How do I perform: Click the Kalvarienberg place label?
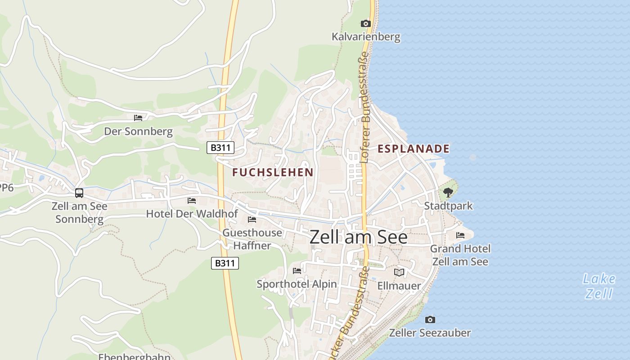pyautogui.click(x=366, y=36)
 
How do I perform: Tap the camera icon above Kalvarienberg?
pyautogui.click(x=365, y=23)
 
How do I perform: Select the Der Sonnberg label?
pyautogui.click(x=138, y=131)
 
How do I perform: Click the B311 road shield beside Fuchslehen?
pyautogui.click(x=220, y=147)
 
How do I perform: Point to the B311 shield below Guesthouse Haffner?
pyautogui.click(x=225, y=263)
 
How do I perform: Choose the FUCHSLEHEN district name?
pyautogui.click(x=273, y=172)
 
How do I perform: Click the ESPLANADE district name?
pyautogui.click(x=413, y=148)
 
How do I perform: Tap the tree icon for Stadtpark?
pyautogui.click(x=448, y=193)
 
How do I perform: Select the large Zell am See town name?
pyautogui.click(x=358, y=237)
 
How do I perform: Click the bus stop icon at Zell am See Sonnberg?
pyautogui.click(x=79, y=193)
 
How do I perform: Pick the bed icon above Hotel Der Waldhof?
pyautogui.click(x=192, y=200)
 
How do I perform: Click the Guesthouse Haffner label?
pyautogui.click(x=252, y=239)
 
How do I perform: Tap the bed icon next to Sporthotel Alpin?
pyautogui.click(x=297, y=270)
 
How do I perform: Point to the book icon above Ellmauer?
pyautogui.click(x=399, y=272)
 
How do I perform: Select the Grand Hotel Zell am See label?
pyautogui.click(x=460, y=255)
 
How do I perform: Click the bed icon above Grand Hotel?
pyautogui.click(x=460, y=235)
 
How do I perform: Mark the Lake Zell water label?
pyautogui.click(x=599, y=286)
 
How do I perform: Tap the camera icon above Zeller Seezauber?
pyautogui.click(x=430, y=319)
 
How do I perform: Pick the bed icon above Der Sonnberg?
pyautogui.click(x=138, y=117)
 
